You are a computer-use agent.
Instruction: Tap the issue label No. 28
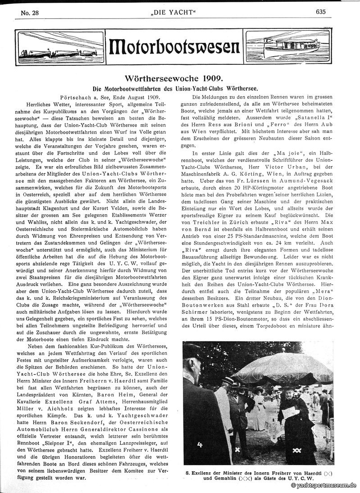(x=30, y=13)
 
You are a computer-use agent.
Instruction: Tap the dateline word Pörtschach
(x=76, y=97)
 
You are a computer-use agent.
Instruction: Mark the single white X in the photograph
(x=237, y=449)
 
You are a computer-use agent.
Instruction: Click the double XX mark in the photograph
(x=296, y=450)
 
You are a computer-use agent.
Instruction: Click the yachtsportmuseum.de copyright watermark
(x=324, y=486)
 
